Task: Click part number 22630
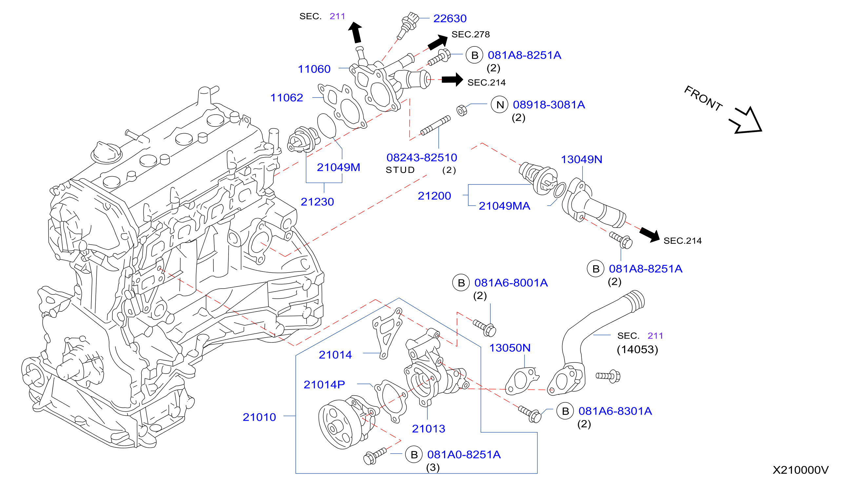click(450, 18)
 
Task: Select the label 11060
click(314, 69)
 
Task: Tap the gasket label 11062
click(286, 98)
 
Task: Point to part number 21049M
click(338, 167)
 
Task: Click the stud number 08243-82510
click(421, 158)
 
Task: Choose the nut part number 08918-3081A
click(549, 104)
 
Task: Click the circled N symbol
click(500, 105)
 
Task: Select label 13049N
click(581, 159)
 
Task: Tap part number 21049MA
click(504, 206)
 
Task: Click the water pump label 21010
click(259, 417)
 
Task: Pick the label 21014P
click(324, 385)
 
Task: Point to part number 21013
click(428, 428)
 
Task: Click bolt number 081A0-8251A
click(464, 455)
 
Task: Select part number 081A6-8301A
click(615, 411)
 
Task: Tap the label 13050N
click(510, 348)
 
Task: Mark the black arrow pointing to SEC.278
click(437, 42)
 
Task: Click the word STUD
click(400, 170)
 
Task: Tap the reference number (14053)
click(637, 350)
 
